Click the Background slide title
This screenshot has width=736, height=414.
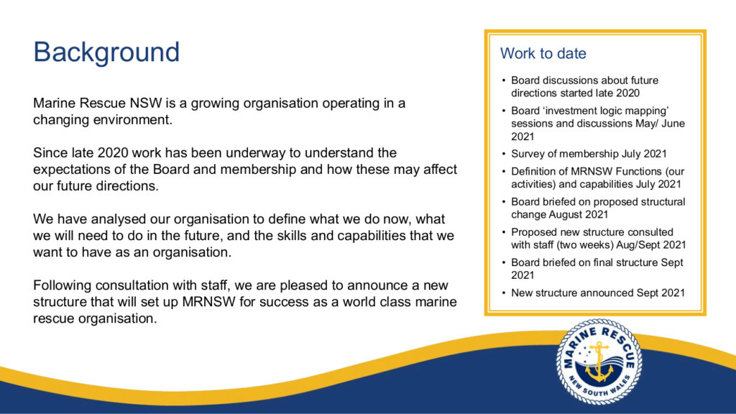click(x=106, y=52)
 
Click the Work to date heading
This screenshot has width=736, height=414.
click(x=543, y=53)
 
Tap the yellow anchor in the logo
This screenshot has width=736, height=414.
click(x=599, y=362)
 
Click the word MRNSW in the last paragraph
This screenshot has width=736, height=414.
click(x=209, y=301)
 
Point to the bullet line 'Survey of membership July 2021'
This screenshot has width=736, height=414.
click(x=589, y=154)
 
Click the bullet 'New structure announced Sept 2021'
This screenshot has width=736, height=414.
click(x=598, y=293)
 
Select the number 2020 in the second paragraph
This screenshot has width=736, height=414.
click(x=113, y=152)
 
